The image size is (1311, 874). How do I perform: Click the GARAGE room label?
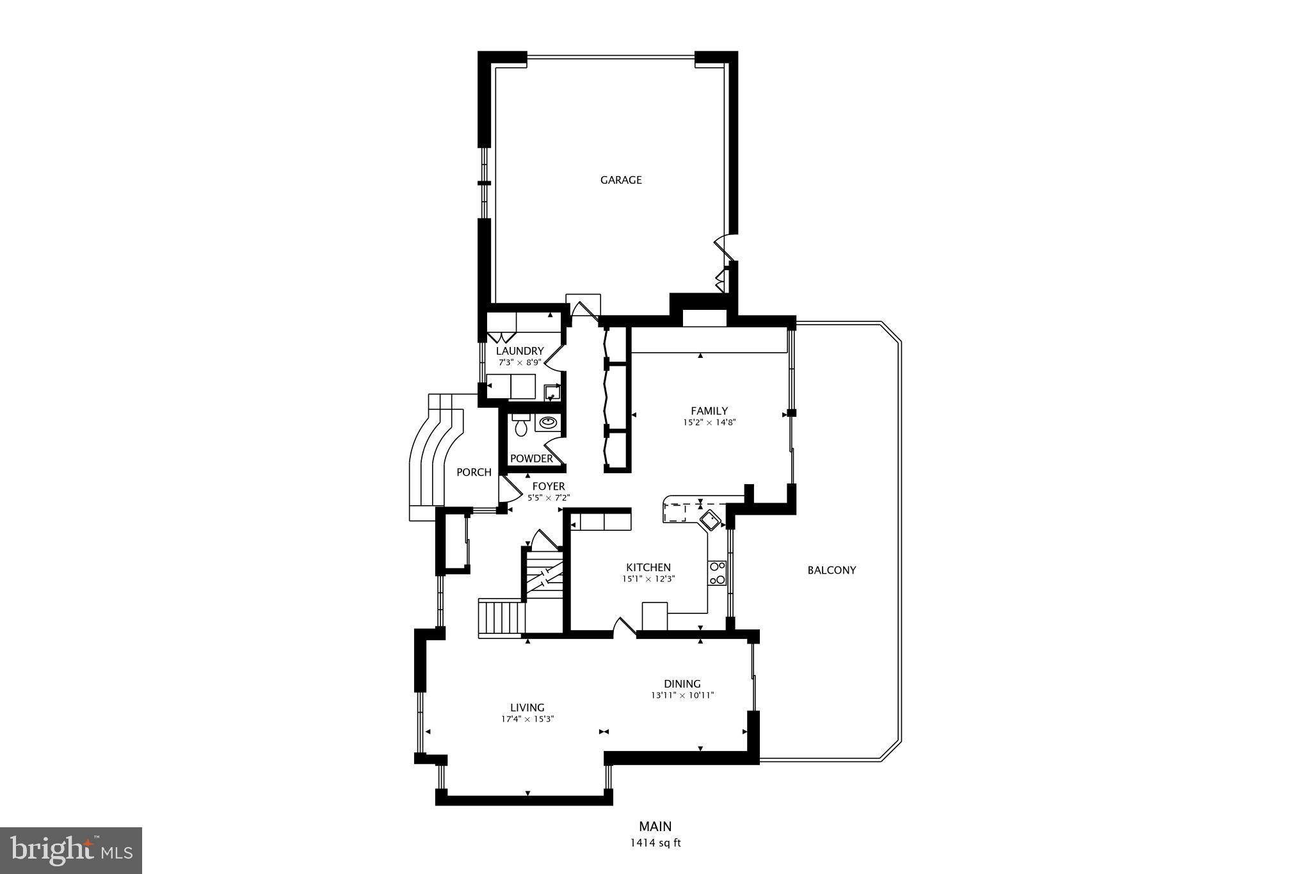click(x=620, y=180)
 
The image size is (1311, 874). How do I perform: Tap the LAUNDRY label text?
click(x=520, y=351)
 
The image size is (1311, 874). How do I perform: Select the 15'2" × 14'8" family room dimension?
click(x=709, y=423)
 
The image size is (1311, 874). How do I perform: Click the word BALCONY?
click(x=831, y=570)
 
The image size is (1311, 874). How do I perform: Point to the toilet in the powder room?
click(x=520, y=425)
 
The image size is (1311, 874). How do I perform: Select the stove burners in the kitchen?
click(x=717, y=573)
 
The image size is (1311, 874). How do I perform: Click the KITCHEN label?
click(x=648, y=567)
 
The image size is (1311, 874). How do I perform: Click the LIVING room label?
click(x=527, y=708)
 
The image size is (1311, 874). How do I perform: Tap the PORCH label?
click(x=474, y=473)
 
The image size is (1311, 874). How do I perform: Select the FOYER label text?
click(x=549, y=487)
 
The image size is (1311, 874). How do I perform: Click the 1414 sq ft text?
click(x=655, y=843)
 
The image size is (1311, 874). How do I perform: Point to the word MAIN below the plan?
click(x=655, y=827)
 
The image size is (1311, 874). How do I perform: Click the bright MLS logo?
click(x=71, y=850)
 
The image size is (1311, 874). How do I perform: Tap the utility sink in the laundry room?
click(x=552, y=392)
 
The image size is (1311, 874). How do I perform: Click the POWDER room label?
click(x=531, y=458)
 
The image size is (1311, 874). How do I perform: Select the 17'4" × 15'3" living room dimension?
click(x=527, y=719)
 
